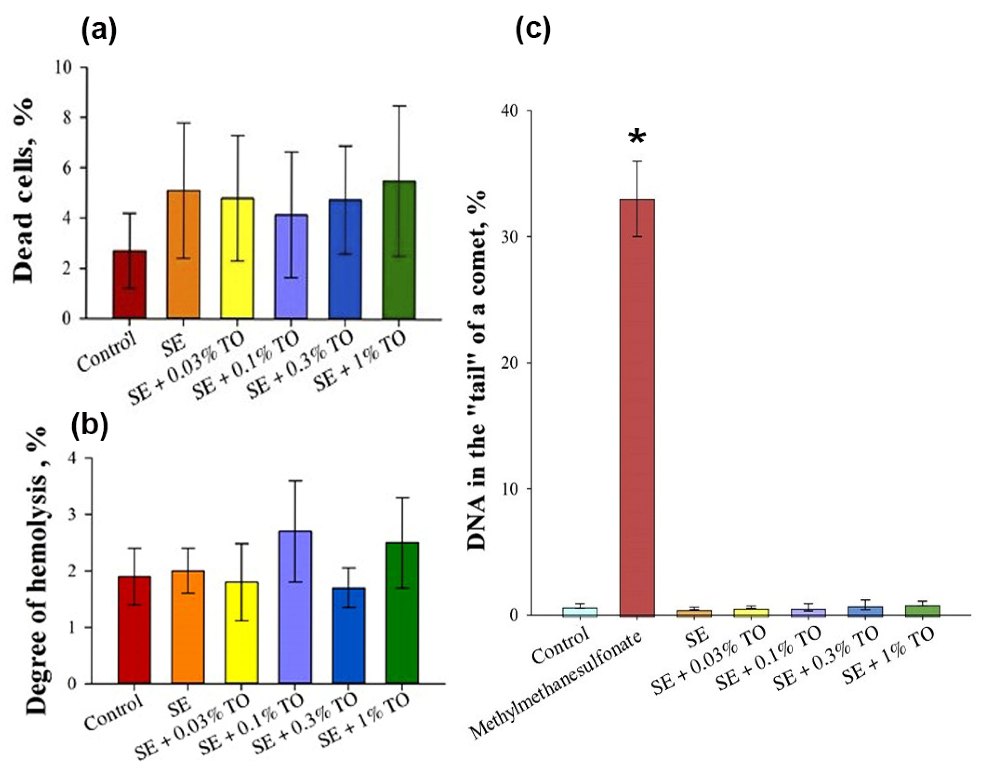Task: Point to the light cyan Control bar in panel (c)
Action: click(x=580, y=611)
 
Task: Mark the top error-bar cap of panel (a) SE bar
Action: click(x=183, y=122)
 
